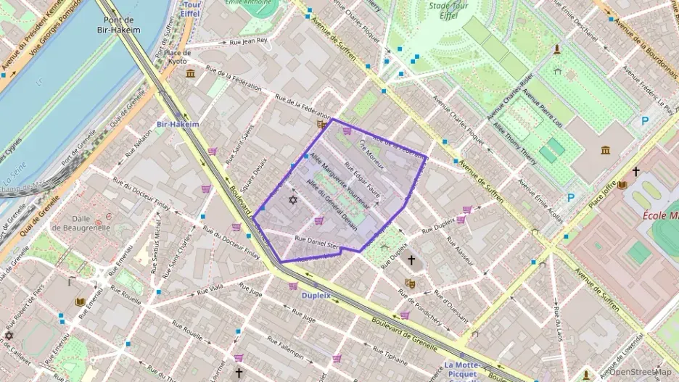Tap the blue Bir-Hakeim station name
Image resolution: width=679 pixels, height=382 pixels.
[x=178, y=124]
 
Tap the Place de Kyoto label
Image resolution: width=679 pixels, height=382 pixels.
[x=178, y=57]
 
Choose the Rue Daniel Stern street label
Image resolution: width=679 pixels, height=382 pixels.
[x=317, y=242]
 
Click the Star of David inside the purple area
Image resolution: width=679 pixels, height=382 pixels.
[x=293, y=199]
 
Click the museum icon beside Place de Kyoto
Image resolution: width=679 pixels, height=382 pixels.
[x=190, y=73]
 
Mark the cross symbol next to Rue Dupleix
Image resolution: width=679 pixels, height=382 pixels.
[x=411, y=259]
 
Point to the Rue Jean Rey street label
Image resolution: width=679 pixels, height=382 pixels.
[x=248, y=42]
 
